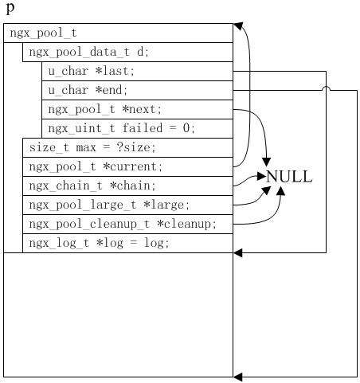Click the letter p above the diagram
pyautogui.click(x=10, y=8)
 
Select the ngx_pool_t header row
pyautogui.click(x=119, y=33)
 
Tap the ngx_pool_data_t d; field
pyautogui.click(x=127, y=53)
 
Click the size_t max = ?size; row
pyautogui.click(x=127, y=147)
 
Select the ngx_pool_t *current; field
pyautogui.click(x=127, y=166)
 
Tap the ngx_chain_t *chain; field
pyautogui.click(x=127, y=186)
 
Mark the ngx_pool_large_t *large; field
pyautogui.click(x=127, y=205)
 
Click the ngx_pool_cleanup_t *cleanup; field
pyautogui.click(x=127, y=224)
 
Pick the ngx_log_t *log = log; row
pyautogui.click(x=127, y=243)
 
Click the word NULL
pyautogui.click(x=288, y=177)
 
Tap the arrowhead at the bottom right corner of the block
pyautogui.click(x=238, y=377)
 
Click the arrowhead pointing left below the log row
pyautogui.click(x=238, y=253)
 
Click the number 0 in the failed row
pyautogui.click(x=190, y=127)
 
